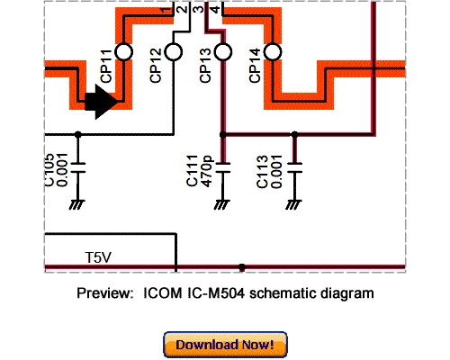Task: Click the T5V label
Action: pyautogui.click(x=98, y=257)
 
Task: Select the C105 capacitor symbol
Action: pyautogui.click(x=78, y=166)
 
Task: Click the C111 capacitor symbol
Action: pyautogui.click(x=224, y=166)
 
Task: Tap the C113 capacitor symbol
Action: pyautogui.click(x=294, y=166)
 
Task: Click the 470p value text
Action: pyautogui.click(x=208, y=171)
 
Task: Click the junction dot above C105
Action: pyautogui.click(x=78, y=134)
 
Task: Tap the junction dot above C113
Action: pyautogui.click(x=294, y=134)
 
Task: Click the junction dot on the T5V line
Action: pyautogui.click(x=241, y=267)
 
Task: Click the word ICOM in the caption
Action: pyautogui.click(x=161, y=293)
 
